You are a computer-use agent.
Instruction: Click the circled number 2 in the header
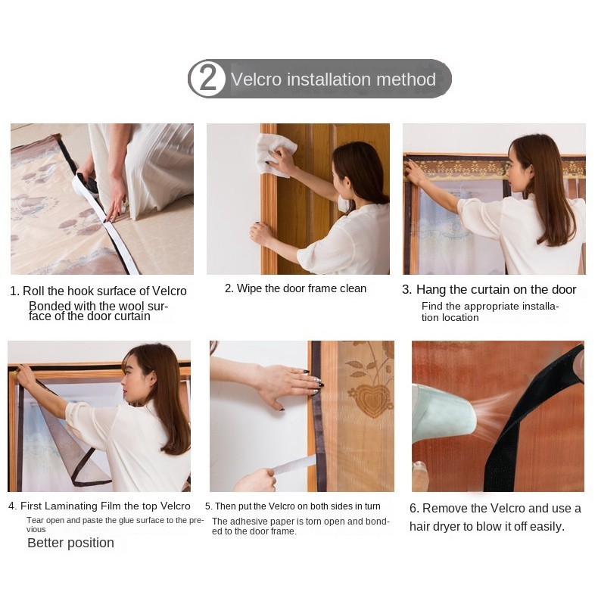[207, 78]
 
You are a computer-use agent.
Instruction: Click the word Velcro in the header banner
[256, 79]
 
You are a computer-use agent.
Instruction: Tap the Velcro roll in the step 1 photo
[86, 185]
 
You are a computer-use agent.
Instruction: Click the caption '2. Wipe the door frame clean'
[295, 288]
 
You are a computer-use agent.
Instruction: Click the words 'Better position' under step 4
[70, 543]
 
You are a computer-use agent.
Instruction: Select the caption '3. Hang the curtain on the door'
[489, 289]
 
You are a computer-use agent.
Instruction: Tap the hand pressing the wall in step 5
[291, 385]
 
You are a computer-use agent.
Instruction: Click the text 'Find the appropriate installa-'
[490, 307]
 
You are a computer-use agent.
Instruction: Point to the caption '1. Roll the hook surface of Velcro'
[98, 291]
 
